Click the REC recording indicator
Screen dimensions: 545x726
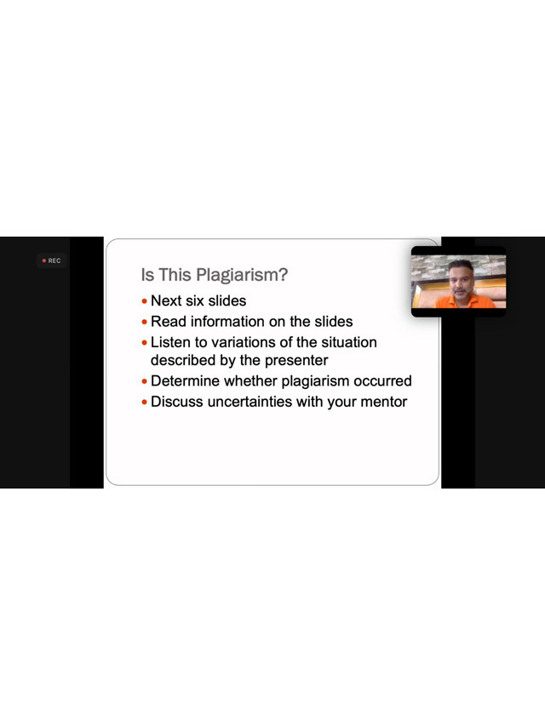(51, 260)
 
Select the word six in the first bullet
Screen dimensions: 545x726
(195, 300)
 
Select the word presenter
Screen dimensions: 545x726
(296, 360)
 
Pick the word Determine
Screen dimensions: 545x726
(185, 380)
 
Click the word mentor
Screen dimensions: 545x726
(384, 402)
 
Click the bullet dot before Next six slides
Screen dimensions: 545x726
(145, 301)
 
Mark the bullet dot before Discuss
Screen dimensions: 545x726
(145, 403)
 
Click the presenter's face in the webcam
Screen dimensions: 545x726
(461, 281)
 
